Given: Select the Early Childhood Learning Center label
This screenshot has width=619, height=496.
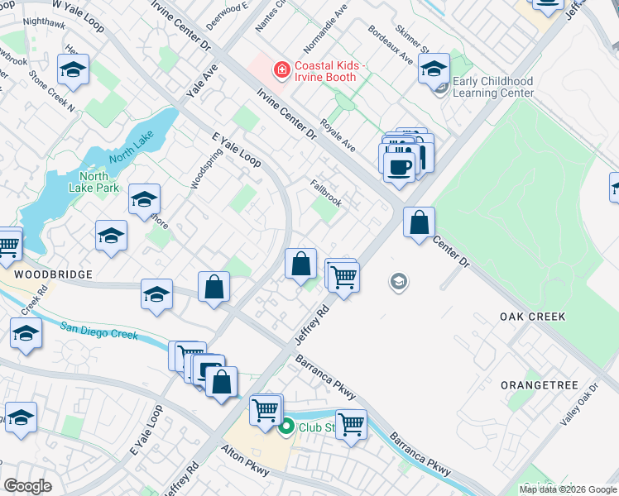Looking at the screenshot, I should click(x=493, y=88).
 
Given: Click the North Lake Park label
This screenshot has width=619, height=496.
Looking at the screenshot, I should click(x=100, y=182).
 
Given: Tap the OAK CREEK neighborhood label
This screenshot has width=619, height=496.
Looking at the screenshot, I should click(x=532, y=317).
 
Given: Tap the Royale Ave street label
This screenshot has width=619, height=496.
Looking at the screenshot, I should click(x=337, y=138).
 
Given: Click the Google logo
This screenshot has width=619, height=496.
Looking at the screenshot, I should click(x=27, y=486).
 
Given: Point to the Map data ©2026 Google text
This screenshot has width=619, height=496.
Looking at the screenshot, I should click(x=567, y=489).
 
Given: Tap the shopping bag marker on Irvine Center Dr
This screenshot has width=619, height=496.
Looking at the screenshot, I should click(x=420, y=222).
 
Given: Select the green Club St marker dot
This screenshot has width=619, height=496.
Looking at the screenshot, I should click(x=286, y=427).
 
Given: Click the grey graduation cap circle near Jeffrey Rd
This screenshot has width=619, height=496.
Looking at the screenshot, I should click(x=399, y=283).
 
